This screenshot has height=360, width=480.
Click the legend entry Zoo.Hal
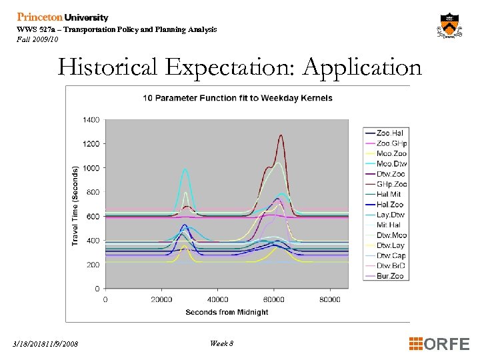click(x=390, y=133)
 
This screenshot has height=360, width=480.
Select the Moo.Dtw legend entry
click(x=391, y=164)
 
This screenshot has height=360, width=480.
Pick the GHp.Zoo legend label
click(x=391, y=184)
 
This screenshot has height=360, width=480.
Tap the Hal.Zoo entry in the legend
click(x=390, y=205)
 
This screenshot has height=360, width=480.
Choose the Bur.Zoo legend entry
click(x=390, y=276)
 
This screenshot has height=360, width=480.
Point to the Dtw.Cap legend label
click(x=391, y=255)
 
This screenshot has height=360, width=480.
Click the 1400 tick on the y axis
click(x=91, y=120)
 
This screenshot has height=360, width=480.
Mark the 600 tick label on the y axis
click(x=93, y=217)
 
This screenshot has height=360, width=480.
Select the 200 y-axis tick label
click(x=93, y=265)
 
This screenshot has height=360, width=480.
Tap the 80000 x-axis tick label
click(x=329, y=299)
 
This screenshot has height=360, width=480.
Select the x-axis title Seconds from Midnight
click(x=227, y=312)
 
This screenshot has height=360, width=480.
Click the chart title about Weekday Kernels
click(x=237, y=98)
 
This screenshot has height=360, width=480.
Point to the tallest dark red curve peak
click(x=281, y=136)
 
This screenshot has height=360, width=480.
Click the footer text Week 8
click(x=221, y=343)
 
